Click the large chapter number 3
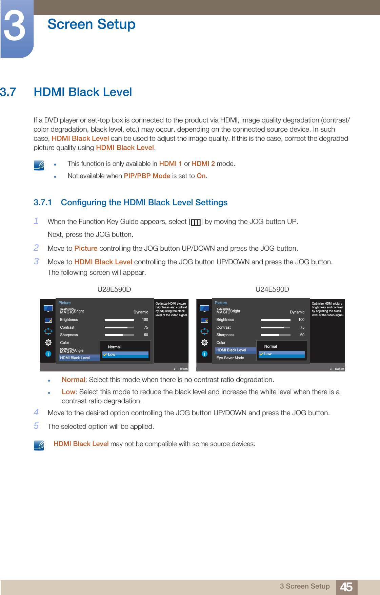[x=15, y=26]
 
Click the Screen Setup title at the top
[x=91, y=24]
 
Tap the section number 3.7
[x=8, y=92]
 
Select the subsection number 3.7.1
[x=42, y=203]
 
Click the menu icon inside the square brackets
[x=196, y=222]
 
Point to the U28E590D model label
[x=114, y=289]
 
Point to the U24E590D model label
[x=272, y=289]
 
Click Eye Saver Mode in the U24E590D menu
[x=230, y=358]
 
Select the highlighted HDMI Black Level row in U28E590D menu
[x=75, y=358]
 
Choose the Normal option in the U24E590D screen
[x=271, y=346]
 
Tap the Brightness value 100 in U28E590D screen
[x=145, y=320]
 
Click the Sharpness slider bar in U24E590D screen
[x=275, y=335]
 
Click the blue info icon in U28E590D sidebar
[x=48, y=354]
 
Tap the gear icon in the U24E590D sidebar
[x=204, y=342]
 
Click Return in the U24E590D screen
[x=339, y=369]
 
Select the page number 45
[x=346, y=587]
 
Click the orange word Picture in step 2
[x=86, y=248]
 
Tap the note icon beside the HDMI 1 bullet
[x=39, y=165]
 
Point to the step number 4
[x=36, y=412]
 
